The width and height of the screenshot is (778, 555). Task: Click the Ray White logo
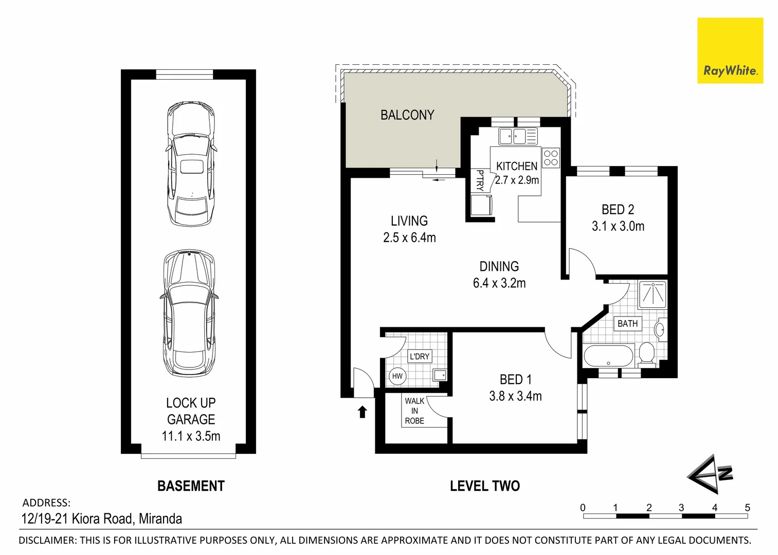point(730,51)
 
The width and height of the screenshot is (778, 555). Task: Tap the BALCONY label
point(407,115)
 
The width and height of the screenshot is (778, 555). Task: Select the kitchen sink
point(518,136)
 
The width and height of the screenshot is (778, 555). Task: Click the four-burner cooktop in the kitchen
point(551,158)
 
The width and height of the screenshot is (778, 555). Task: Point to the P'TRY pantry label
point(480,180)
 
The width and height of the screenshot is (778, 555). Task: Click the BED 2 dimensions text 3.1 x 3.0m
point(618,226)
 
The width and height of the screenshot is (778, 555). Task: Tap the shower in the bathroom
point(653,294)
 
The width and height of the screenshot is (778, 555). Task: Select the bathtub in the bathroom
point(608,356)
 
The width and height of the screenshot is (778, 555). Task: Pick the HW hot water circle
point(397,376)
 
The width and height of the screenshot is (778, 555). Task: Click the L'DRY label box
point(420,357)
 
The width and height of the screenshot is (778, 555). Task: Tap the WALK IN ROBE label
point(414,411)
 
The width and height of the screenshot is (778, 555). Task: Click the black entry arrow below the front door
point(362,412)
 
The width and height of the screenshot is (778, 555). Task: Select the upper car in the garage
point(191,164)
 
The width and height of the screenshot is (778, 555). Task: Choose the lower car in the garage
point(189,313)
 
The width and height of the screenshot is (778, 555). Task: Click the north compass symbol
point(710,474)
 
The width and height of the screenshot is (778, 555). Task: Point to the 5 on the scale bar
point(748,507)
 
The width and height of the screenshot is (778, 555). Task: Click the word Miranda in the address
point(160,519)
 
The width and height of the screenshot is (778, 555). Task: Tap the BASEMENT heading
point(191,486)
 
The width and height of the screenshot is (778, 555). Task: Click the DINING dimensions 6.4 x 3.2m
point(499,283)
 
